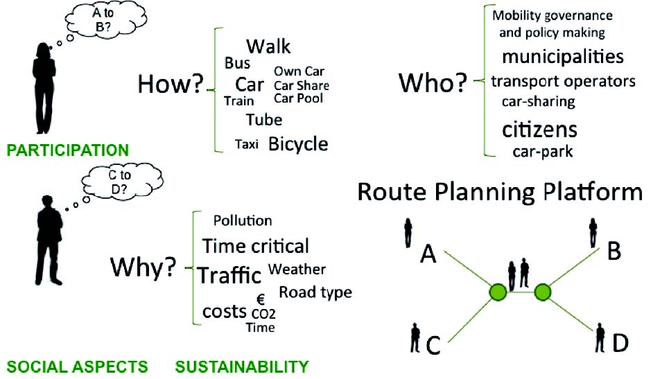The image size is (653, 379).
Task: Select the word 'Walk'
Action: pos(268,47)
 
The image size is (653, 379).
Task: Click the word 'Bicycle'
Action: pos(298,144)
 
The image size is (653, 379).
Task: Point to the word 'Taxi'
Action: pos(247,146)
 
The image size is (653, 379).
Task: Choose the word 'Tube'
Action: pos(264,119)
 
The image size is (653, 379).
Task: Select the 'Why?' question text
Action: pos(142,267)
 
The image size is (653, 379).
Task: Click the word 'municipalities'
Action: pos(563,55)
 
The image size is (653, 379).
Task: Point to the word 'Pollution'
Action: pos(243,220)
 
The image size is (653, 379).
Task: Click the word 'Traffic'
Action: pos(229,275)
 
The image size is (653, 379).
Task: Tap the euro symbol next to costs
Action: pos(261,299)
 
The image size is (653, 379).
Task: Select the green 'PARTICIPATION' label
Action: pos(68,150)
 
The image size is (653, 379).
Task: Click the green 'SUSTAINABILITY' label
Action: pos(241,366)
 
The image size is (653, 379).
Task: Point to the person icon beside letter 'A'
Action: pos(408,233)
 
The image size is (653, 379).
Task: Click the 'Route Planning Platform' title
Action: pos(499,192)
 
